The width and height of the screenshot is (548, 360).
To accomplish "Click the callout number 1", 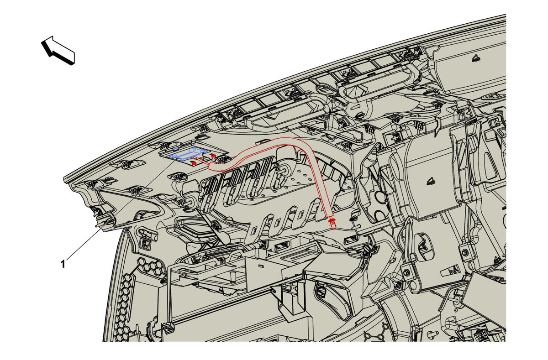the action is (63, 264).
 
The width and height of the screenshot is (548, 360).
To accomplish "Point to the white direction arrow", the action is (58, 50).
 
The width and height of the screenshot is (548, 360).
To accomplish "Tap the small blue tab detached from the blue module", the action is (175, 148).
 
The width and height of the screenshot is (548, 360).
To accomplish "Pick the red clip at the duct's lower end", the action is (332, 222).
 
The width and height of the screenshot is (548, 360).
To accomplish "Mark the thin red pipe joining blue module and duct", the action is (204, 161).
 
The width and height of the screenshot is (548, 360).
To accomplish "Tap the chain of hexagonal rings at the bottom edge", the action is (374, 336).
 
